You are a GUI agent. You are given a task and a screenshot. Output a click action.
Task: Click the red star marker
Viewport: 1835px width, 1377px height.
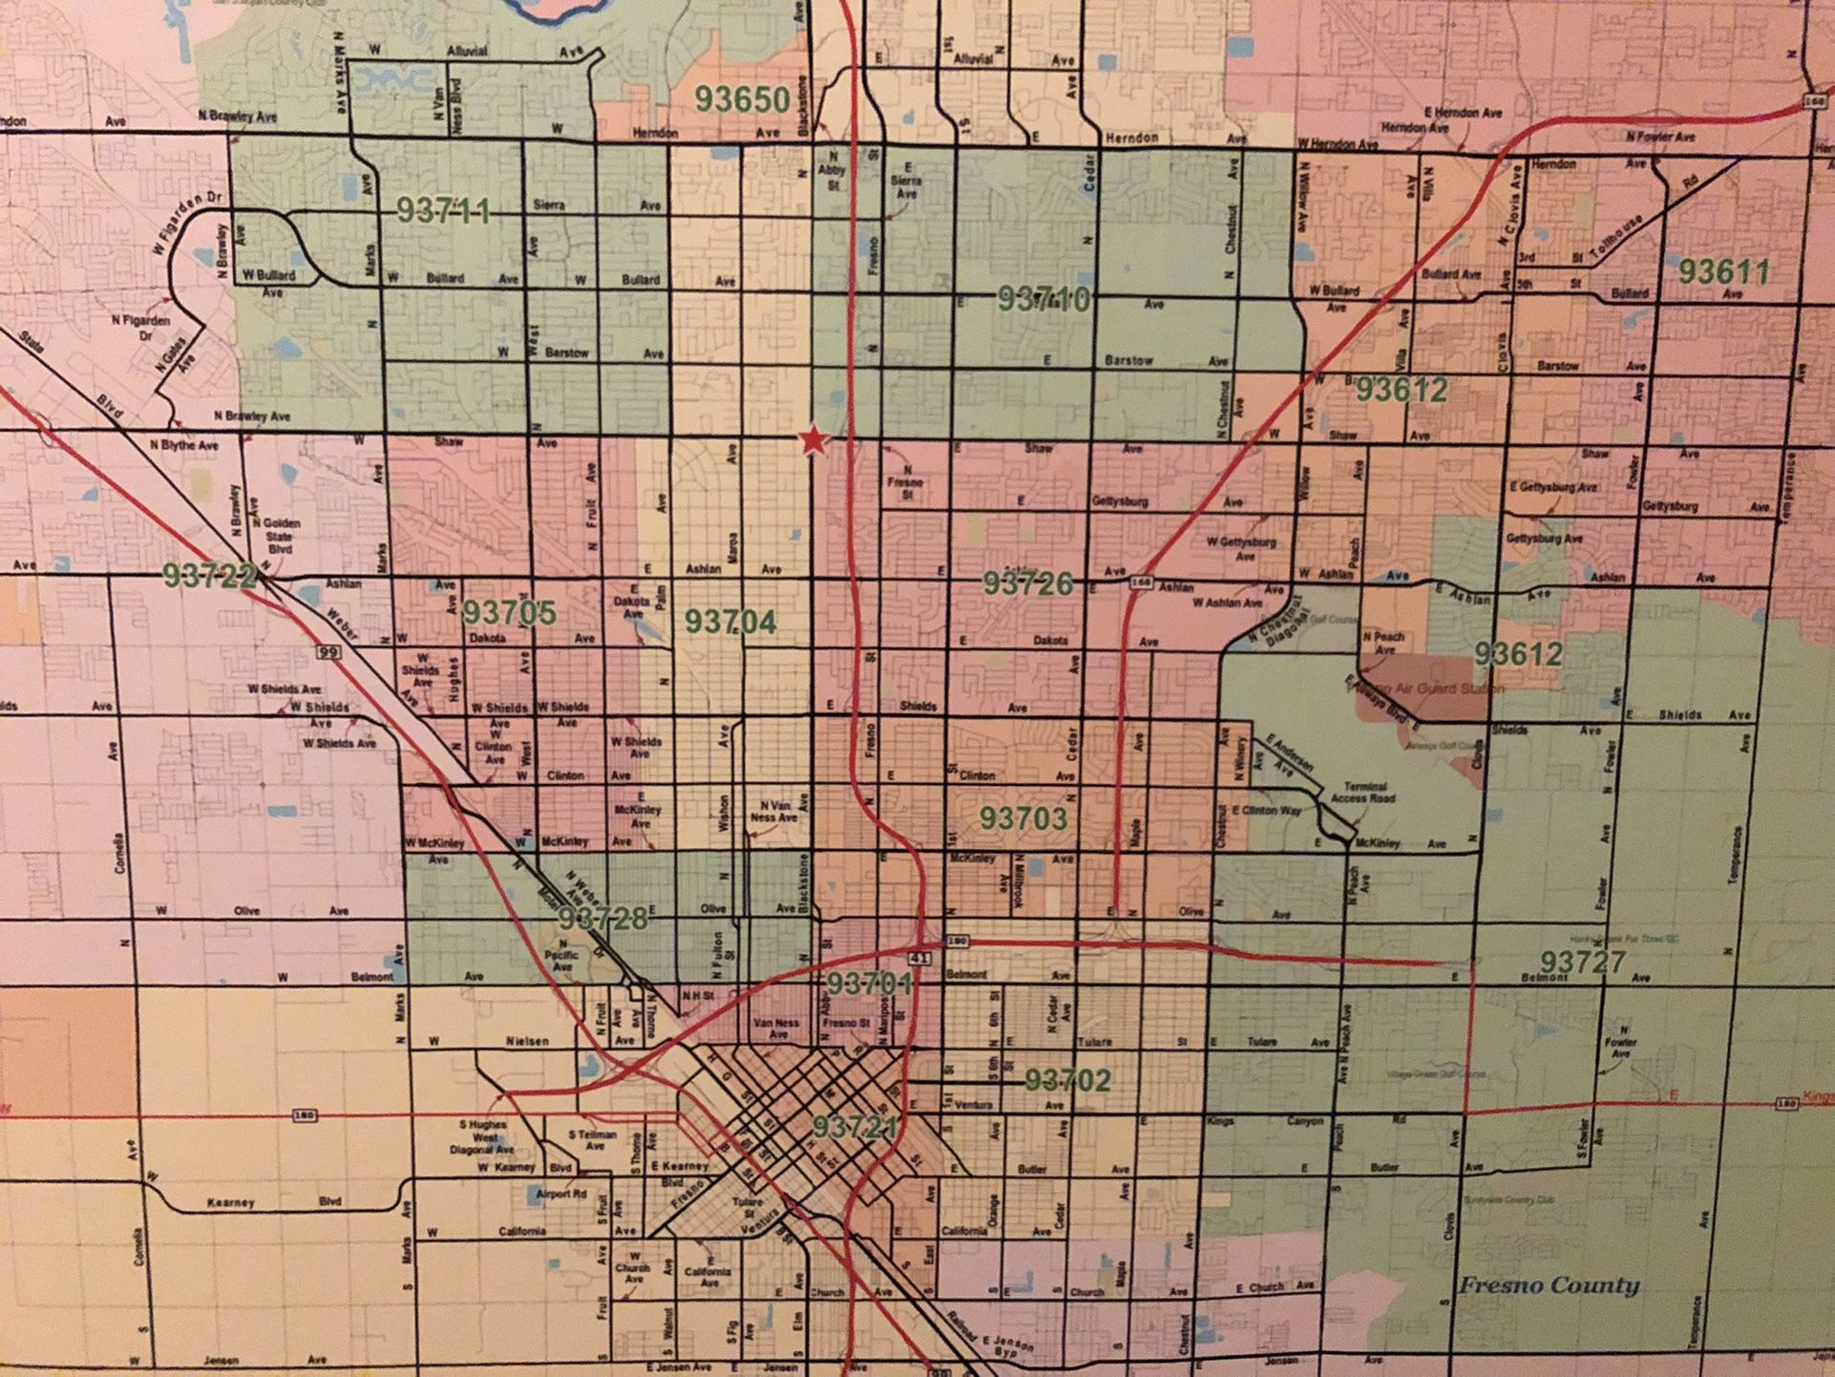point(812,440)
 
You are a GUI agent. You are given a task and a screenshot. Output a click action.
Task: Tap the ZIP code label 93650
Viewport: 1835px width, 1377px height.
point(742,99)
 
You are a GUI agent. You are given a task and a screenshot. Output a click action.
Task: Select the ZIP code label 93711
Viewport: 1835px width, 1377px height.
point(443,211)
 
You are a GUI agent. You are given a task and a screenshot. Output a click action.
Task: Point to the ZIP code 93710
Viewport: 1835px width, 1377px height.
point(1044,299)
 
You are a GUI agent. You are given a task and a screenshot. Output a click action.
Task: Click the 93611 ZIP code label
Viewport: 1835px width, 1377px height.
point(1723,272)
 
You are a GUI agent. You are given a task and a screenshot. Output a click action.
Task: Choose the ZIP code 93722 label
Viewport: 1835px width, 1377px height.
point(209,575)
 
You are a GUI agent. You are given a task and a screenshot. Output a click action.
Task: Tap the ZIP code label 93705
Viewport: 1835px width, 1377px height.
point(509,612)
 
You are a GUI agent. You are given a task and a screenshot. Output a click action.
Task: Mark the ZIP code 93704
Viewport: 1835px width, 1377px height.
point(730,622)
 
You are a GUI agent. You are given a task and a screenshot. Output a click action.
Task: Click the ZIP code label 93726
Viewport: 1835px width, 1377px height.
point(1028,583)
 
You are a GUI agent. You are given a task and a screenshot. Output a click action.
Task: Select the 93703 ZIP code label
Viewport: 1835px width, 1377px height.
point(1023,818)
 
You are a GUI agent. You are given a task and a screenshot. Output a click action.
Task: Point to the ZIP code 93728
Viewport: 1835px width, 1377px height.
point(602,919)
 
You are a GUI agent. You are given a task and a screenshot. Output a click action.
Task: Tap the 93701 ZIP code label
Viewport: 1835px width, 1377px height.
point(869,984)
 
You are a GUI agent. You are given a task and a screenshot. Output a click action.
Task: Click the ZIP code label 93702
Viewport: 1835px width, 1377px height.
point(1067,1080)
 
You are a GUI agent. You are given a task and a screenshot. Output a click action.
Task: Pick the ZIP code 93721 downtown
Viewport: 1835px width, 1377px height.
point(856,1128)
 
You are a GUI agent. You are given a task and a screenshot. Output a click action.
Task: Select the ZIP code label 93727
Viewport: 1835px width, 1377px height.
point(1582,962)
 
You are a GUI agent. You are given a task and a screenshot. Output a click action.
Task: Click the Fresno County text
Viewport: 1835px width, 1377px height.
point(1548,1285)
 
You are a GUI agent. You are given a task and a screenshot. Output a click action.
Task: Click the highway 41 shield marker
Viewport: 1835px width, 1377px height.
point(918,956)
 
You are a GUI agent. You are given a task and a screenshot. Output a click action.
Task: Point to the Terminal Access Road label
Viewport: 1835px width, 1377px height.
point(1362,792)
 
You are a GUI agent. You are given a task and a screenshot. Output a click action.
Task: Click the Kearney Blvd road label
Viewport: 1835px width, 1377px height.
point(232,1202)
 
